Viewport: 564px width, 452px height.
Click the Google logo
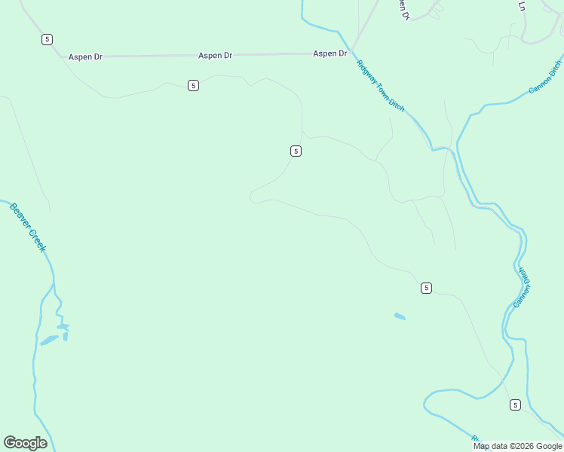(25, 443)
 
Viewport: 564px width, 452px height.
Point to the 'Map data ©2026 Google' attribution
(517, 446)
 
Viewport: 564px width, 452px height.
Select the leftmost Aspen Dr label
(85, 56)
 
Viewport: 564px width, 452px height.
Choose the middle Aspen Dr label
(215, 55)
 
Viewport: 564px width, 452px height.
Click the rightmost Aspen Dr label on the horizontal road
(330, 53)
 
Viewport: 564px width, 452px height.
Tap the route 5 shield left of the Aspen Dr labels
(48, 39)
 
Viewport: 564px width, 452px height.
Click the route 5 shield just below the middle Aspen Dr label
(194, 86)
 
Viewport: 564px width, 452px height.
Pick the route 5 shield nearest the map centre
(296, 151)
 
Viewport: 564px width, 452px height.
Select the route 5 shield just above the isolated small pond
(427, 288)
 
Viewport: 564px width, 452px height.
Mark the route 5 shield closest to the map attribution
(515, 405)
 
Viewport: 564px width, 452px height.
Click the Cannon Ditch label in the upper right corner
(546, 78)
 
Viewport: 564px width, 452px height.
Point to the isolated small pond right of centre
(400, 316)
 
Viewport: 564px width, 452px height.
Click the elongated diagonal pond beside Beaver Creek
(50, 340)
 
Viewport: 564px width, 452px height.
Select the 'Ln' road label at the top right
(521, 5)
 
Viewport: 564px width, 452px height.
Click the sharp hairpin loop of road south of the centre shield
(253, 197)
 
